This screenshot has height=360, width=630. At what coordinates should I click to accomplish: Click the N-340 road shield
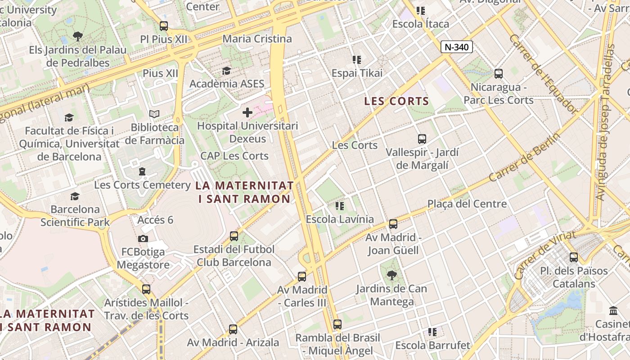456,47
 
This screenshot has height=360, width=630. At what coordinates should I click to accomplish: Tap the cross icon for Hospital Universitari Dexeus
247,112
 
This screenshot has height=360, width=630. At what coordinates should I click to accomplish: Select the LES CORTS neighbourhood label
396,101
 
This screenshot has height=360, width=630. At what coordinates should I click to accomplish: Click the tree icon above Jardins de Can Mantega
391,275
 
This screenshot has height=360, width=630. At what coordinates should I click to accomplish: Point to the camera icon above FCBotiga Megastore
143,238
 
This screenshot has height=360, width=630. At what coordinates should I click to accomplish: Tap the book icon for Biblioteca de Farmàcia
154,114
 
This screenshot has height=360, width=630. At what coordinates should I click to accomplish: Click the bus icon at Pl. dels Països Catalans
573,257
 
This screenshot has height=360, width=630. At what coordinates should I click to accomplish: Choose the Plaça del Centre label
467,204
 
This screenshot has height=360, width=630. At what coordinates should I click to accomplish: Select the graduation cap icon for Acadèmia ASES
226,71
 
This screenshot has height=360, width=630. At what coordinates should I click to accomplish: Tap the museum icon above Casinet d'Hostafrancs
613,310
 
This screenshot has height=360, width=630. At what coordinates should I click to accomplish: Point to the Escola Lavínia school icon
340,206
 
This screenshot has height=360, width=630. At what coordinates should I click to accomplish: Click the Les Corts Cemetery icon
142,171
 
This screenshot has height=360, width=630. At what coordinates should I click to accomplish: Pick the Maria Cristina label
257,39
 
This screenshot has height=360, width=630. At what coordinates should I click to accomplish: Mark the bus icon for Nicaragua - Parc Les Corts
498,74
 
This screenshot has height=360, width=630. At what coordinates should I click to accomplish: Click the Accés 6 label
155,220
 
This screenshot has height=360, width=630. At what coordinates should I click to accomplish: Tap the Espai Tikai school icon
357,59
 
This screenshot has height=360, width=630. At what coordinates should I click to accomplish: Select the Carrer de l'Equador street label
543,74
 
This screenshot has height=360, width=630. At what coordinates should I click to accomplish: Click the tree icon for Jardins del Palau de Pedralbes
78,36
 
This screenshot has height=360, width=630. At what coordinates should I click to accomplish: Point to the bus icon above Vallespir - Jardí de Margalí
422,139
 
